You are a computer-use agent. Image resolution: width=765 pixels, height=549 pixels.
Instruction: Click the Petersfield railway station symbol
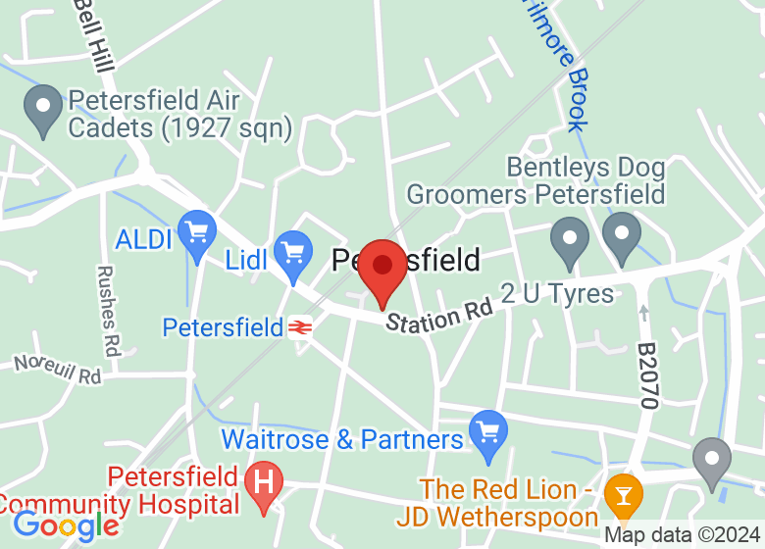[300, 327]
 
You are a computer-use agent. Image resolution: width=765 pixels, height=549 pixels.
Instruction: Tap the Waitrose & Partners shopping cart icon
[488, 432]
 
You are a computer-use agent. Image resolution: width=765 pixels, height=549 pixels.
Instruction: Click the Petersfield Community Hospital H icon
[263, 483]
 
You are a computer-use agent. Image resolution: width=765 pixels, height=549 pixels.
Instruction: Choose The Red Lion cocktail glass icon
[622, 491]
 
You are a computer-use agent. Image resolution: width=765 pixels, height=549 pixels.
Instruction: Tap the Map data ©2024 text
[683, 535]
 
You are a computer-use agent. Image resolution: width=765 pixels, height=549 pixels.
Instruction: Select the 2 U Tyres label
[556, 293]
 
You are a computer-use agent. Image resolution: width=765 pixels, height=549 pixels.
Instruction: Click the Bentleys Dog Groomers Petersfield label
[535, 181]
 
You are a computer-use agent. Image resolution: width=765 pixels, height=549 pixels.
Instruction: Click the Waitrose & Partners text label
[341, 438]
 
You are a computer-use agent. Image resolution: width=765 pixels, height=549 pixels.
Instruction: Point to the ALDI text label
[145, 238]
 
